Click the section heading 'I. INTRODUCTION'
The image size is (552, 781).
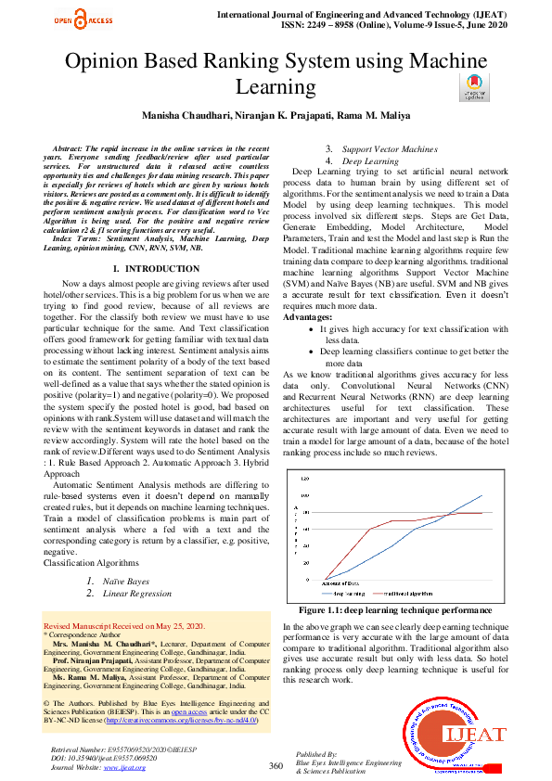[x=148, y=269]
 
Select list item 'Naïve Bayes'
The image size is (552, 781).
[x=125, y=581]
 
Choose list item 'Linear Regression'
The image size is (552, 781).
[x=136, y=594]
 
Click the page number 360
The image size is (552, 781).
[x=276, y=765]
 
